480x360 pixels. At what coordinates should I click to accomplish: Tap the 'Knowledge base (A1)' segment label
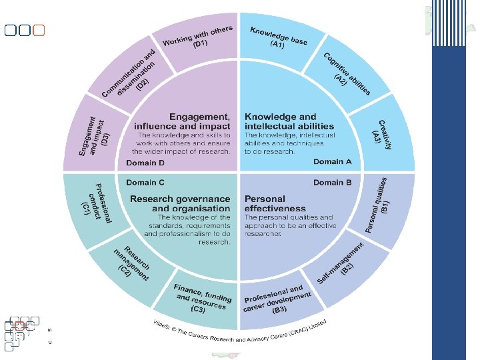(278, 37)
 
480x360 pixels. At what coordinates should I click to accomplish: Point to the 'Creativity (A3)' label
(381, 135)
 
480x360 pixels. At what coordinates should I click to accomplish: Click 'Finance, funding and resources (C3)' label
(202, 297)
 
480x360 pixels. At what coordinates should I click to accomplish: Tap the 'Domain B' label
(337, 182)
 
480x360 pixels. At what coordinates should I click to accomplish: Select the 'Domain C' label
(141, 182)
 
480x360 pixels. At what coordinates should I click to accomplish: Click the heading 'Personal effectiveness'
(275, 203)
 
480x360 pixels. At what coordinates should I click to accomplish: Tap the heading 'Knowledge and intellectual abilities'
(289, 121)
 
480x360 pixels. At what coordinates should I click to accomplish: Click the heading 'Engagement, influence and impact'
(183, 121)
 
